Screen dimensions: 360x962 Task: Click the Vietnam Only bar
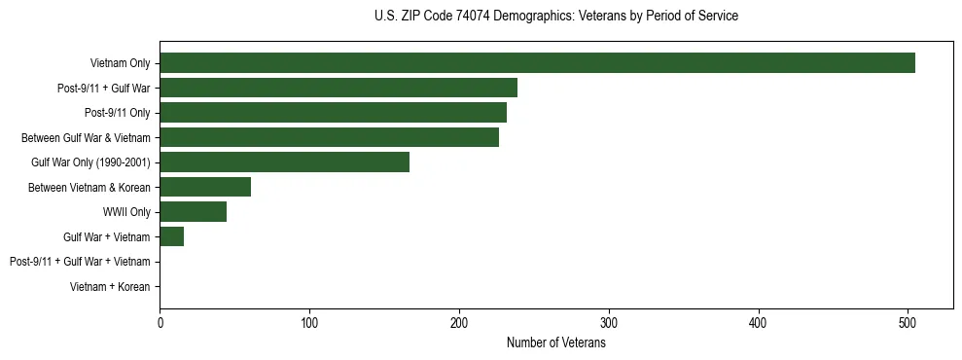pyautogui.click(x=537, y=63)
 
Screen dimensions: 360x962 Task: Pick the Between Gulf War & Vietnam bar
pyautogui.click(x=329, y=137)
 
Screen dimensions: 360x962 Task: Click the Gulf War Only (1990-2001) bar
pyautogui.click(x=284, y=162)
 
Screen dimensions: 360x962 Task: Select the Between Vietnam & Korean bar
pyautogui.click(x=205, y=187)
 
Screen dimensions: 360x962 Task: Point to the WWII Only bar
pyautogui.click(x=193, y=212)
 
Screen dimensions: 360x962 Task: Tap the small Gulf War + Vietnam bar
pyautogui.click(x=171, y=236)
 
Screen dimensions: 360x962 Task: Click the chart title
pyautogui.click(x=555, y=17)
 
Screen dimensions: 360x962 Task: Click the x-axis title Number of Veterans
pyautogui.click(x=555, y=342)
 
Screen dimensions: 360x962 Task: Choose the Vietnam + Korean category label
pyautogui.click(x=110, y=287)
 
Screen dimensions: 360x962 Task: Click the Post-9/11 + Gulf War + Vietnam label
pyautogui.click(x=80, y=262)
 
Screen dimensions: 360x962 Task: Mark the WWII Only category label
pyautogui.click(x=126, y=212)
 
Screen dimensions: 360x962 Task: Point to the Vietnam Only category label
pyautogui.click(x=120, y=63)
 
